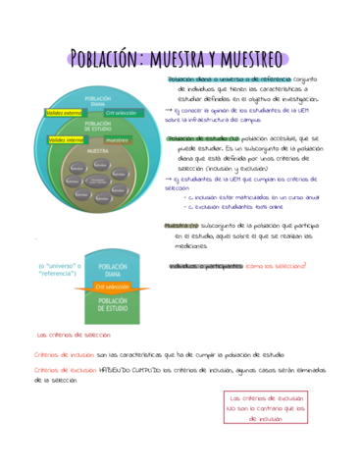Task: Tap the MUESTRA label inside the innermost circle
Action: click(x=98, y=152)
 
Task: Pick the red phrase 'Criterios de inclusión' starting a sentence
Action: click(x=66, y=353)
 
